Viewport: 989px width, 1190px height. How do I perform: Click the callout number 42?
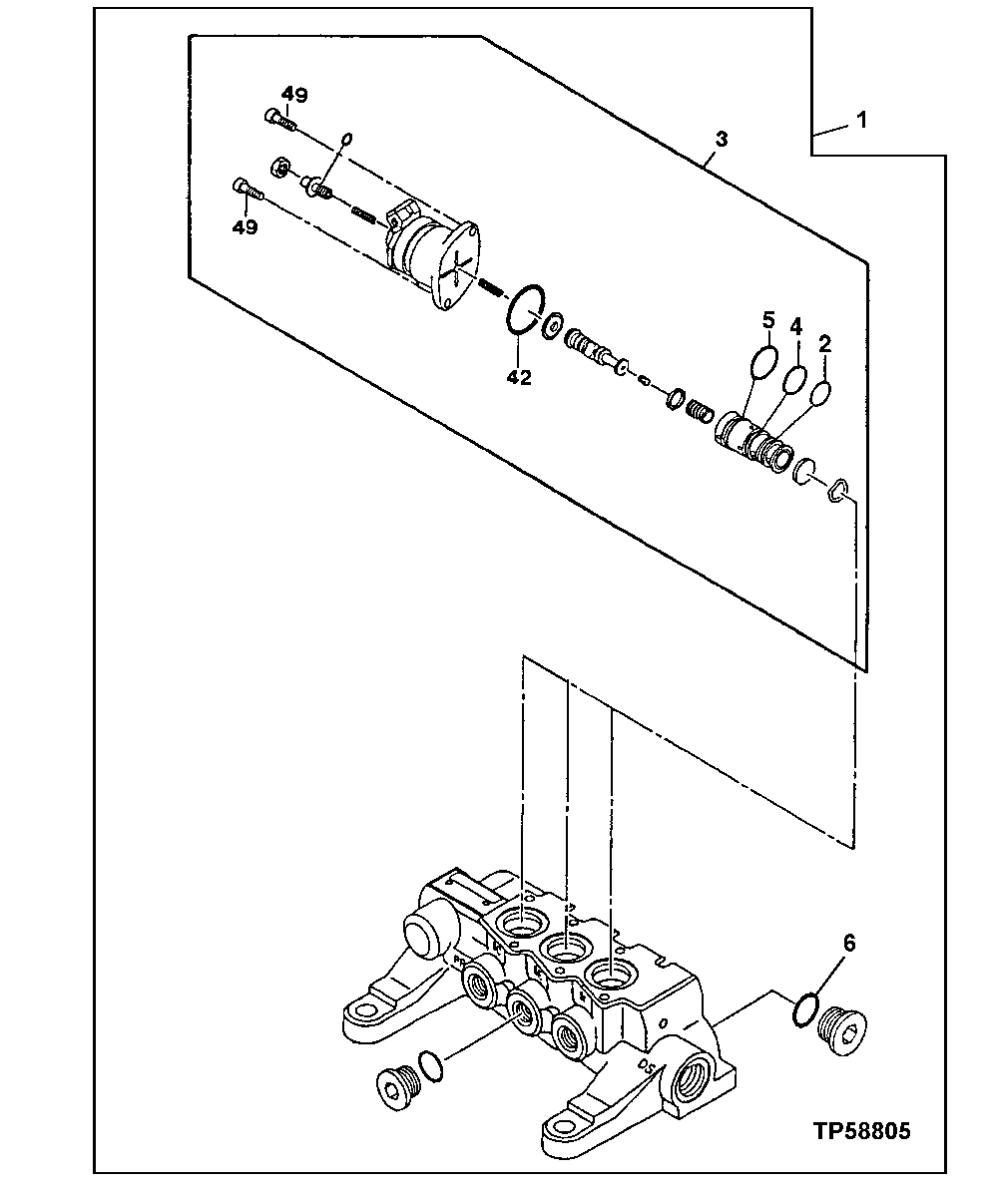[x=520, y=377]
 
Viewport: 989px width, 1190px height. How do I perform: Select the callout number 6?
[x=849, y=943]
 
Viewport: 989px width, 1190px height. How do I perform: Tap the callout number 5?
[x=767, y=320]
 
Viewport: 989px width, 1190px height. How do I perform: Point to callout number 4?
[x=796, y=326]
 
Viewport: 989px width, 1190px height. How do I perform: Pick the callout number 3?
[x=720, y=139]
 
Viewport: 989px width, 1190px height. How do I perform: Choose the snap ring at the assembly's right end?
[x=838, y=488]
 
